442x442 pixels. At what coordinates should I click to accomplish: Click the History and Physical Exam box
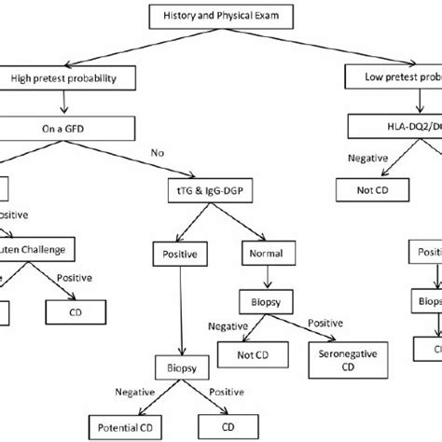click(x=220, y=16)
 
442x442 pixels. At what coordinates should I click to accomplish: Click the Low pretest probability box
click(x=392, y=78)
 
